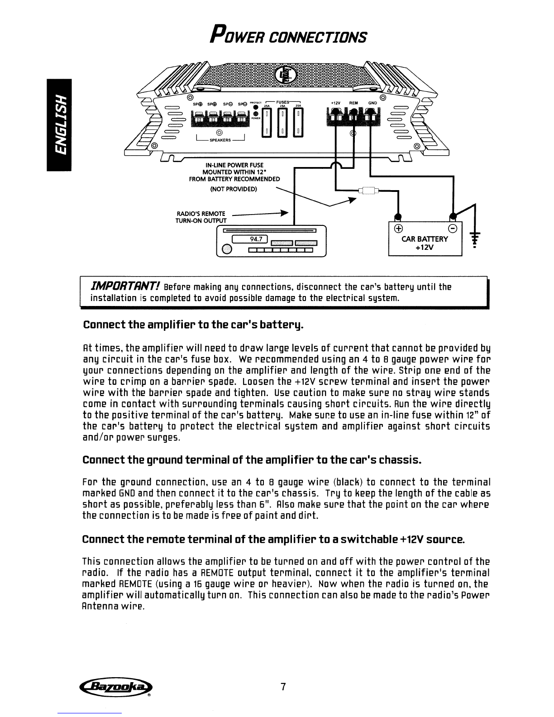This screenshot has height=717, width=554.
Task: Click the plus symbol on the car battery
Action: (x=399, y=228)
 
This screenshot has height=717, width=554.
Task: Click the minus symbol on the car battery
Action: (x=452, y=228)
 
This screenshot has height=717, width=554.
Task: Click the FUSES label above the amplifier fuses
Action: (x=285, y=102)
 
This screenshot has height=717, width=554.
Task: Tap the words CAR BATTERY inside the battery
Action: (x=425, y=239)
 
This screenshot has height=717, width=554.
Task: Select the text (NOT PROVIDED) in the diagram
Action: (x=234, y=189)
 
